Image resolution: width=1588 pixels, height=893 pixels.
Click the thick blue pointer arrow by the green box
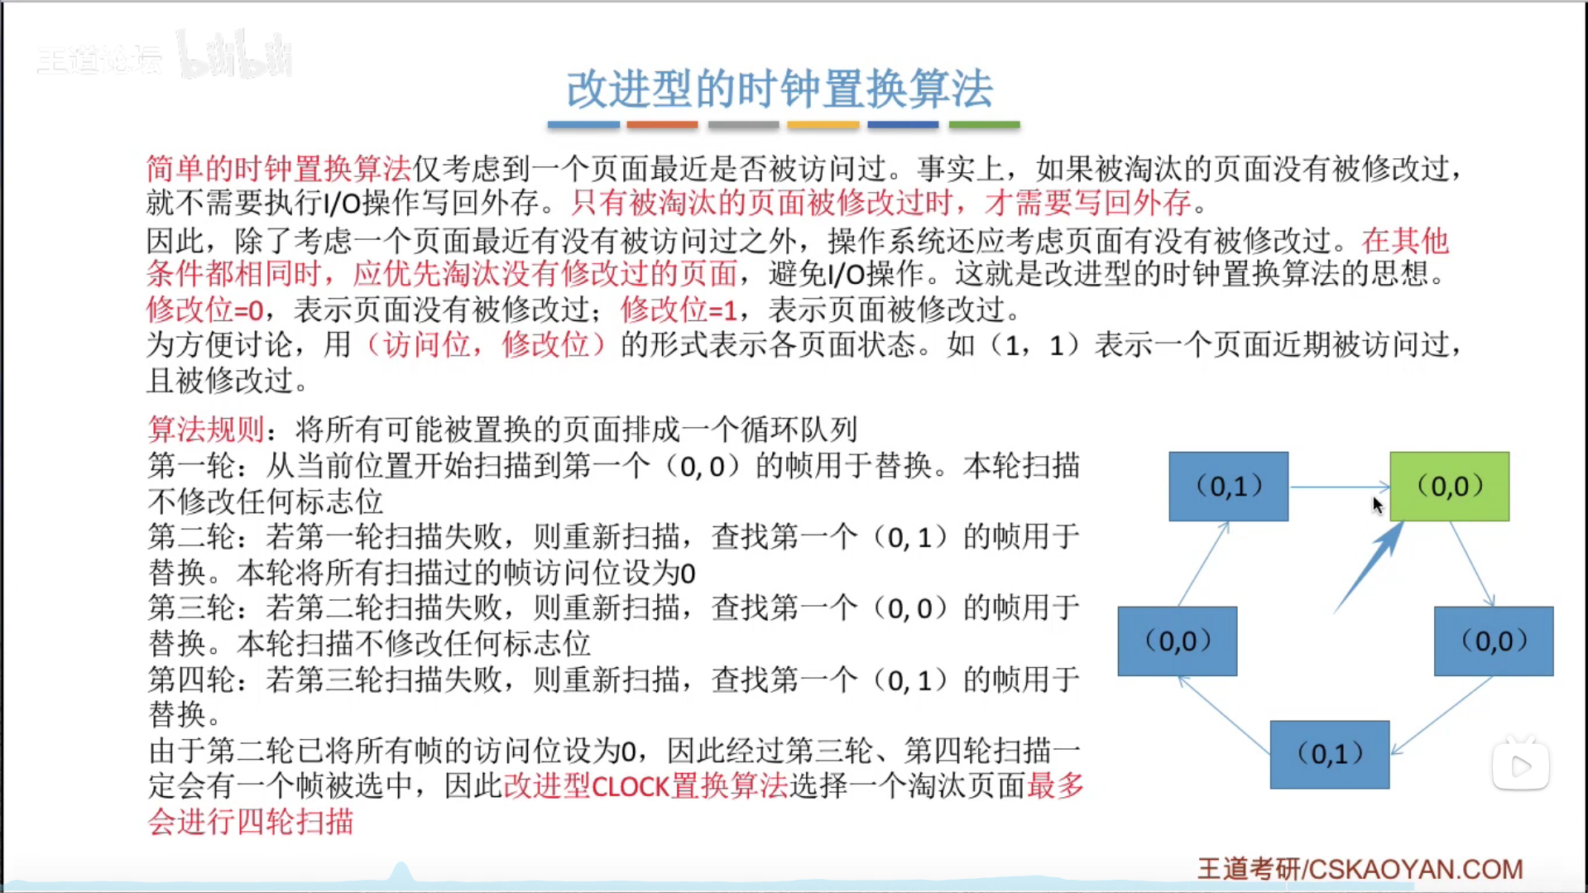coord(1369,568)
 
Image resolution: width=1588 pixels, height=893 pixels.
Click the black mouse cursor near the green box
coord(1378,505)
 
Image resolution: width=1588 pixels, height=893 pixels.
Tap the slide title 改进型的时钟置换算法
coord(780,89)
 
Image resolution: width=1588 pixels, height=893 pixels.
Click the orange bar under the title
coord(662,125)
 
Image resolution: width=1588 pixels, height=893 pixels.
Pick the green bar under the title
coord(984,125)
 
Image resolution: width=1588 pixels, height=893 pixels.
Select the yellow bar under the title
coord(823,125)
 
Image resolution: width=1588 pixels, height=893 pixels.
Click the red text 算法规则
coord(206,430)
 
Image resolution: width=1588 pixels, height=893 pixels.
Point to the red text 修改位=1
coord(679,310)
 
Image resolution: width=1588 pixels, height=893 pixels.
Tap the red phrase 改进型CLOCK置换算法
coord(645,785)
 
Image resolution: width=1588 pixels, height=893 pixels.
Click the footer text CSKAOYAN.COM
coord(1416,869)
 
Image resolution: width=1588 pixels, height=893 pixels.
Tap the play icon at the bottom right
coord(1521,766)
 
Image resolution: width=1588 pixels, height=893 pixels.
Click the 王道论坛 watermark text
coord(99,60)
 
